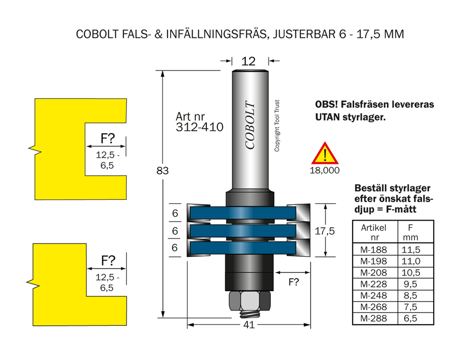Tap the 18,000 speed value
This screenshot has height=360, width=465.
click(324, 171)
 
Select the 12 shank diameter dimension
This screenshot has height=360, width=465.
click(248, 61)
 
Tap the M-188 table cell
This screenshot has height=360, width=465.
click(374, 250)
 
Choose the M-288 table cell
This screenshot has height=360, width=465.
click(374, 319)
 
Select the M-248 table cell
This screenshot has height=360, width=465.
click(374, 296)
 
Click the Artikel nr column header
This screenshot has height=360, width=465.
click(374, 233)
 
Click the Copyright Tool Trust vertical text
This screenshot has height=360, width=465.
click(278, 126)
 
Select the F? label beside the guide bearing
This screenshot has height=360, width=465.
click(294, 281)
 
